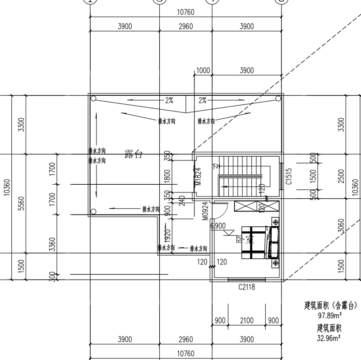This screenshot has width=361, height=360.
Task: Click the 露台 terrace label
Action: pyautogui.click(x=134, y=154)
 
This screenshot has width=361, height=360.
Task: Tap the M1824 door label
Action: pyautogui.click(x=198, y=178)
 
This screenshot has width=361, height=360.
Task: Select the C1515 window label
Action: pyautogui.click(x=290, y=178)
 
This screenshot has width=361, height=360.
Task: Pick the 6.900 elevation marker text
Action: pyautogui.click(x=218, y=225)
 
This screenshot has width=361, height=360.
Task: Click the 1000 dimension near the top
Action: pyautogui.click(x=204, y=70)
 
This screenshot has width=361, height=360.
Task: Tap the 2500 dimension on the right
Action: pyautogui.click(x=341, y=178)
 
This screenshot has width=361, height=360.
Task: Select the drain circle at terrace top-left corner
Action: pyautogui.click(x=93, y=99)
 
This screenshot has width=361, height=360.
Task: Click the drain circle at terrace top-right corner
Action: pyautogui.click(x=278, y=99)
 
